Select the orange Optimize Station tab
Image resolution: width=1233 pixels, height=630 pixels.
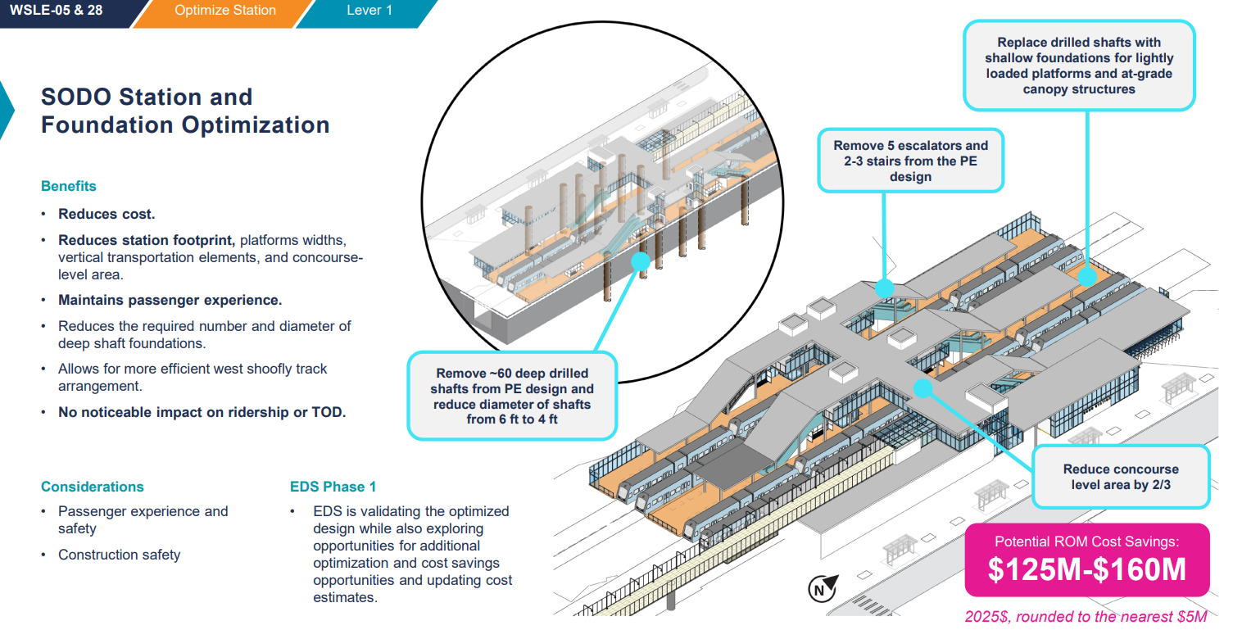click(x=224, y=11)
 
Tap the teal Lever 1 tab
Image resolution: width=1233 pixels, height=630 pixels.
click(x=369, y=11)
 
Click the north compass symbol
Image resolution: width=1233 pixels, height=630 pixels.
click(x=822, y=588)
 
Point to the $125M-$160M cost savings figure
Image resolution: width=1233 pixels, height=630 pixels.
click(x=1086, y=569)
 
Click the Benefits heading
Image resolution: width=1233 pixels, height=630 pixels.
click(x=69, y=186)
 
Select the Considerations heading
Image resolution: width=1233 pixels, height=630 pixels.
click(x=92, y=487)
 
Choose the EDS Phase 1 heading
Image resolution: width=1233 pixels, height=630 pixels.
click(x=333, y=487)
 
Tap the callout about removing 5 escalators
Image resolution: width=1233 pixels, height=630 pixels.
click(x=910, y=161)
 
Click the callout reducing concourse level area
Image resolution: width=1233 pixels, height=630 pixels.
click(x=1120, y=477)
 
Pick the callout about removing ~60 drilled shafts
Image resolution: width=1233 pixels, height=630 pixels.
click(x=512, y=396)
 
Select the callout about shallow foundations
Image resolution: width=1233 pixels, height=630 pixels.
click(x=1079, y=66)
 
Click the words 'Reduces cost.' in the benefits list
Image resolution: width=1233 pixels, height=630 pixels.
click(x=107, y=214)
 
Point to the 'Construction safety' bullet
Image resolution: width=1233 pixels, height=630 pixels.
click(x=119, y=555)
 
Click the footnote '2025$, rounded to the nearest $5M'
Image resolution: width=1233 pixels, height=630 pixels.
click(x=1086, y=617)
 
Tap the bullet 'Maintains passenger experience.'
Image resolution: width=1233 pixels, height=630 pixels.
click(x=170, y=300)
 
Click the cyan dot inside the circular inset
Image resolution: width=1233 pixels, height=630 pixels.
click(x=641, y=261)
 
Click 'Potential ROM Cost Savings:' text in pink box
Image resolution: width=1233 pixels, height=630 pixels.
click(x=1086, y=541)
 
